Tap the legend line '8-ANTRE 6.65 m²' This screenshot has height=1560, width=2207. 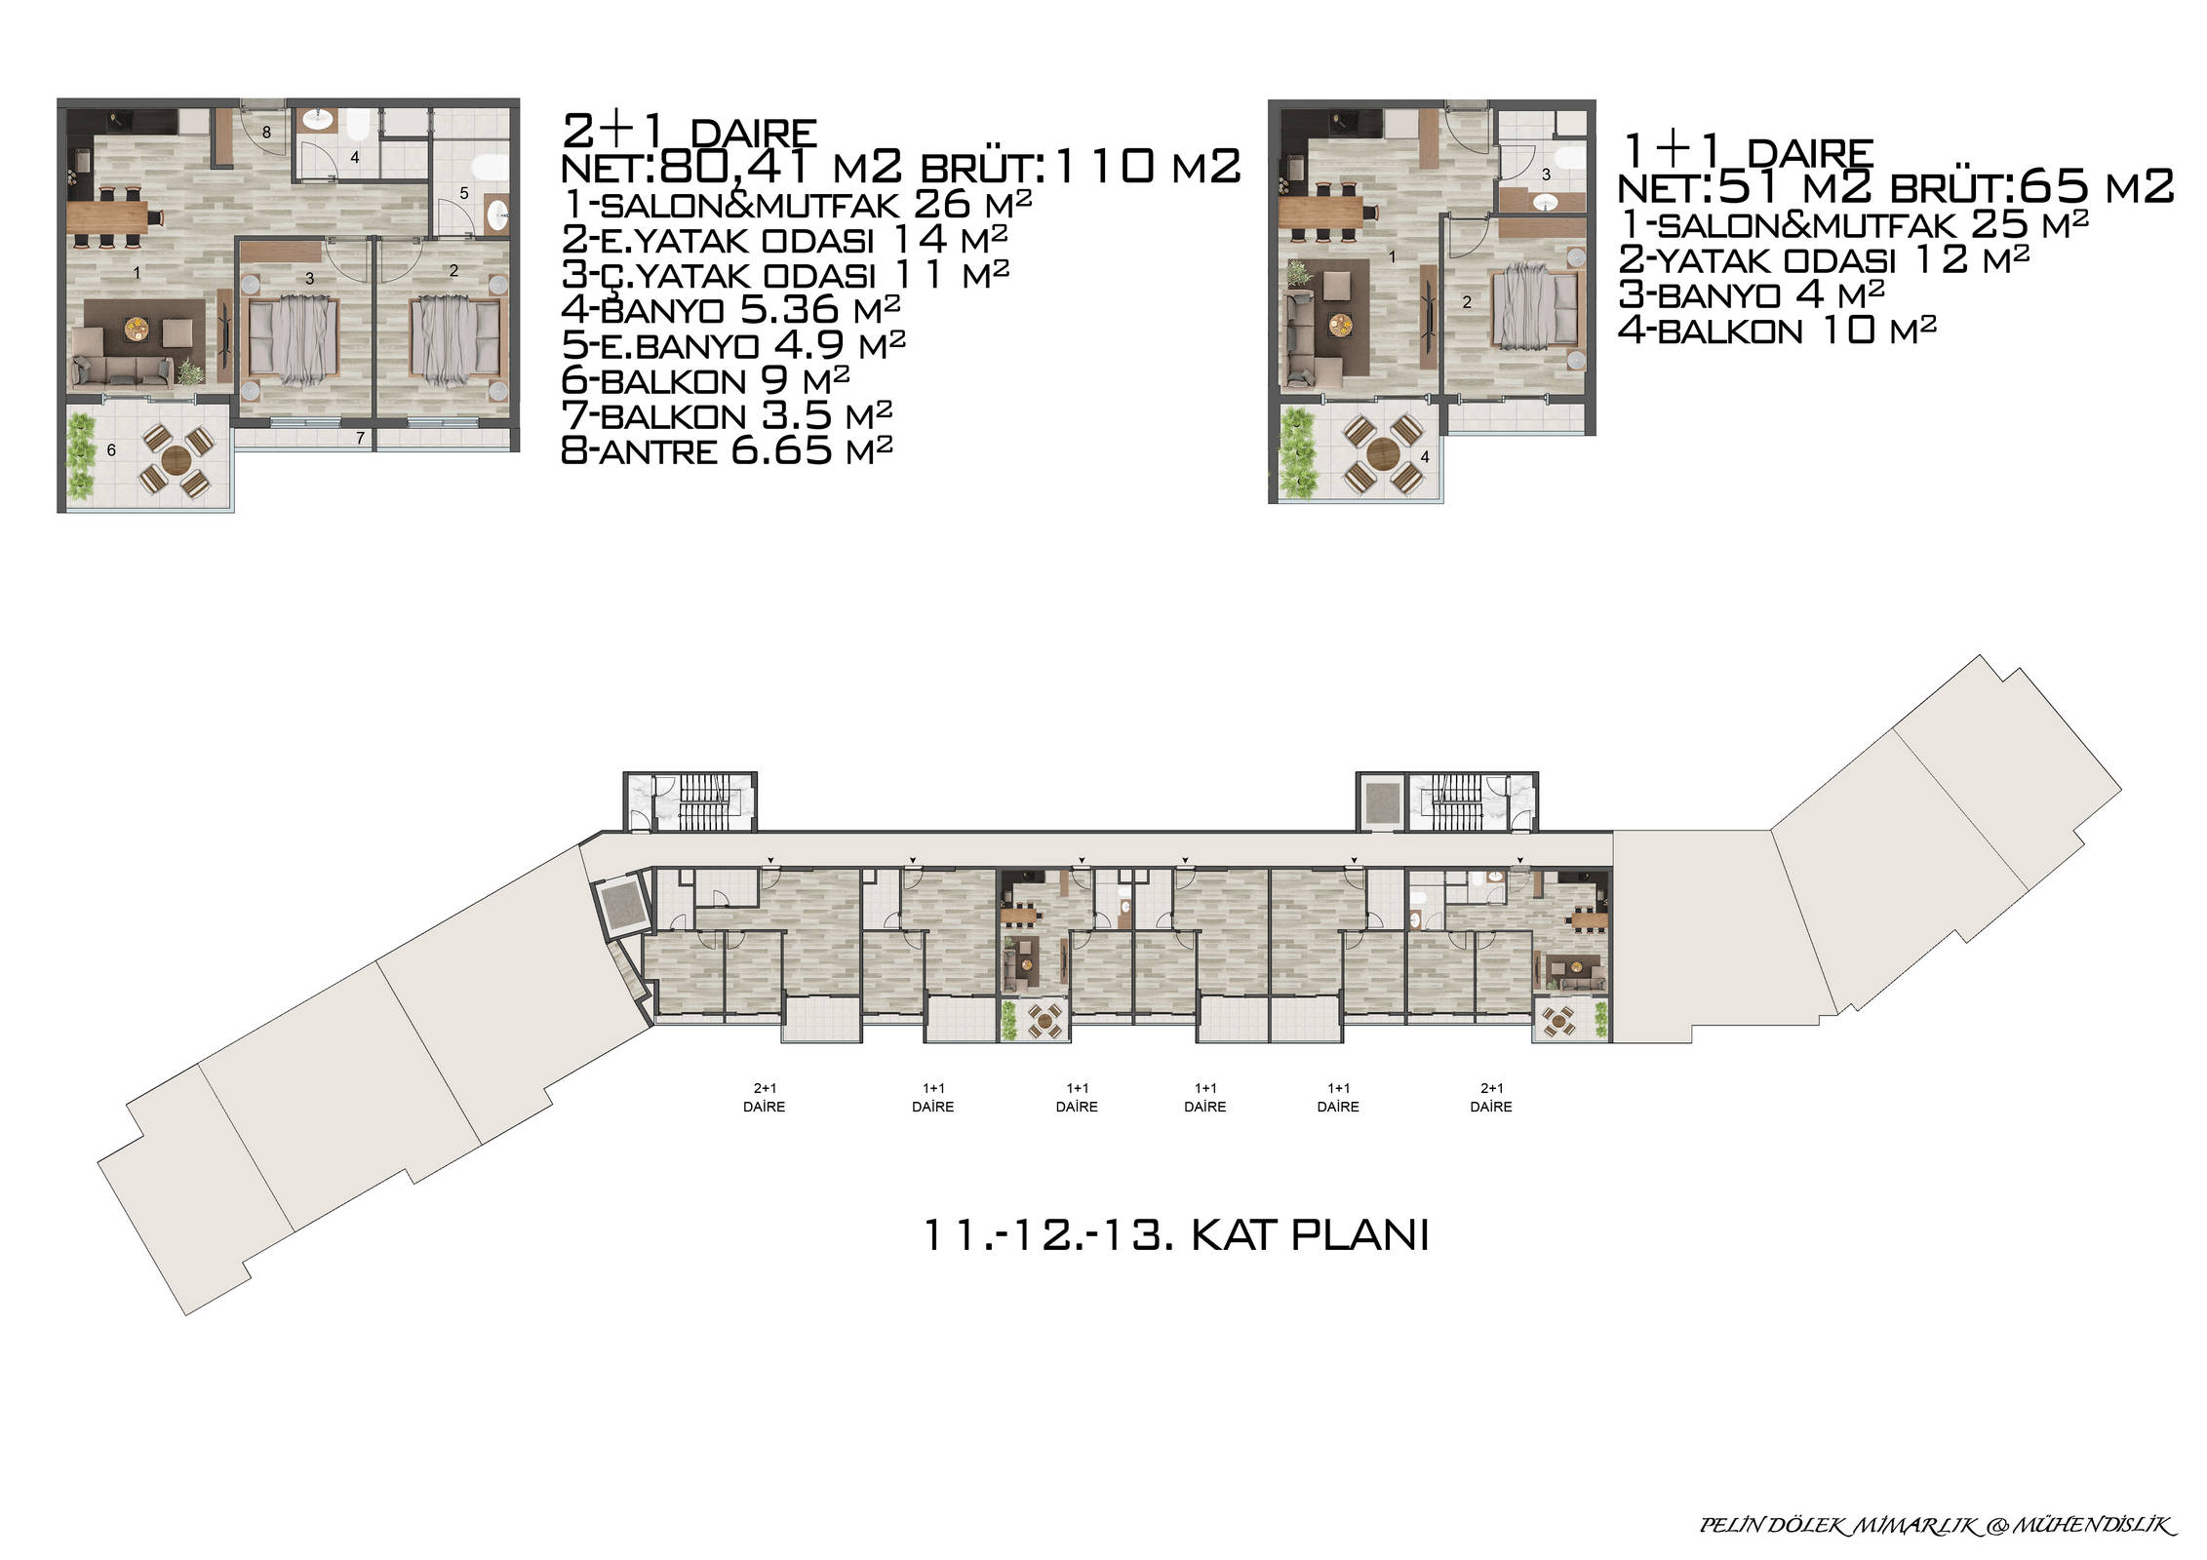click(728, 449)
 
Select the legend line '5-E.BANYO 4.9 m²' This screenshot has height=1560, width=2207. click(733, 344)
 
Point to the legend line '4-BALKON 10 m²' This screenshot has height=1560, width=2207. click(1777, 331)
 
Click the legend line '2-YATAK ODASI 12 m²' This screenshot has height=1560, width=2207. click(1824, 259)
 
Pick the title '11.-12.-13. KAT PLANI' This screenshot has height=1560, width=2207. click(1175, 1235)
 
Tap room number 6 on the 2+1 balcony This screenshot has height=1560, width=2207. click(111, 449)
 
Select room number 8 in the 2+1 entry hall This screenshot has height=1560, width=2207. click(266, 132)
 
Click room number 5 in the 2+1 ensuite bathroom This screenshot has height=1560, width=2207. click(464, 193)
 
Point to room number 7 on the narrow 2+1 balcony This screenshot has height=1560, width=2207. click(360, 439)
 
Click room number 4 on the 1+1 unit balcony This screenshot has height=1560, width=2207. click(1425, 456)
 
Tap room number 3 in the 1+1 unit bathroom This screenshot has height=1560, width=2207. click(1546, 175)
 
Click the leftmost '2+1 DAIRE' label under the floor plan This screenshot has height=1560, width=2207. click(764, 1098)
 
